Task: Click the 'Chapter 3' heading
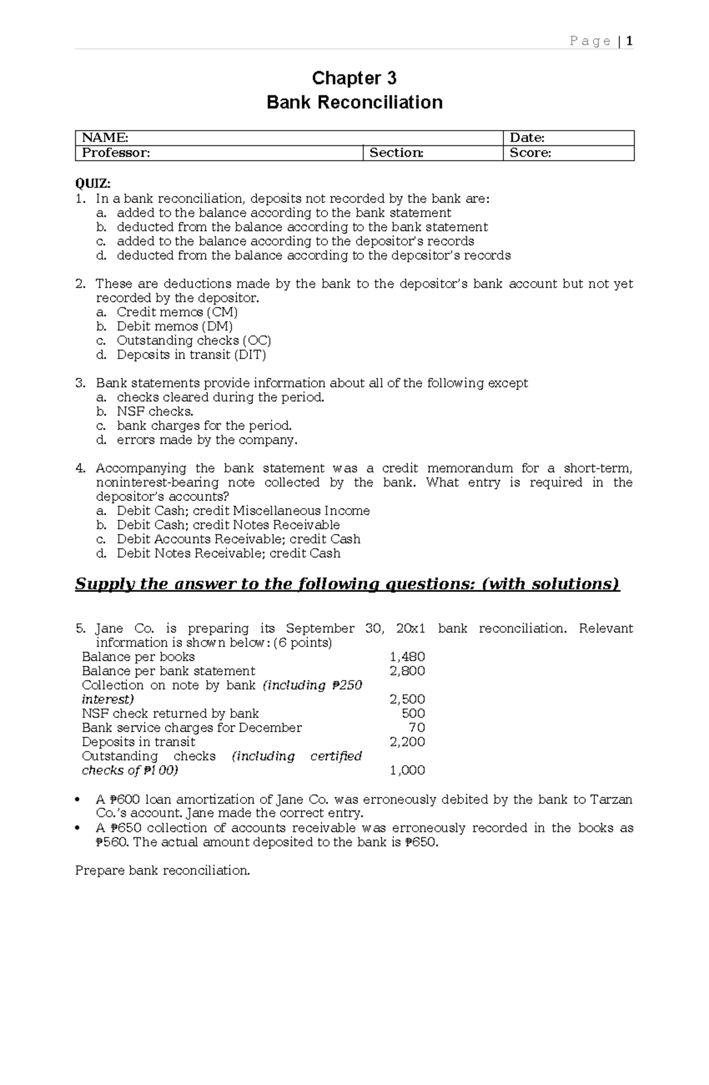[x=354, y=78]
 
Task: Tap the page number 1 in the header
[x=630, y=41]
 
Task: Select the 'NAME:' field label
[x=105, y=138]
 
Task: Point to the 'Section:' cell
[x=396, y=153]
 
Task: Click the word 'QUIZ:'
[x=93, y=184]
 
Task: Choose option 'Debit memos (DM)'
[x=175, y=326]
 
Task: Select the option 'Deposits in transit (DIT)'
[x=191, y=355]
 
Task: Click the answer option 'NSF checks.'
[x=155, y=412]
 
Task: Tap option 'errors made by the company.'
[x=207, y=440]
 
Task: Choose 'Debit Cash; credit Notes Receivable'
[x=228, y=525]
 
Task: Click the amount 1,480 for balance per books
[x=407, y=657]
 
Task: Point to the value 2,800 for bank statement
[x=407, y=671]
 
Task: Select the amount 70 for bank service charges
[x=417, y=728]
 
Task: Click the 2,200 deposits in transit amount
[x=407, y=742]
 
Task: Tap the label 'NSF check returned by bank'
[x=170, y=714]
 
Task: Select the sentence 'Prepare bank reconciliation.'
[x=162, y=870]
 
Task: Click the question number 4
[x=80, y=468]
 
